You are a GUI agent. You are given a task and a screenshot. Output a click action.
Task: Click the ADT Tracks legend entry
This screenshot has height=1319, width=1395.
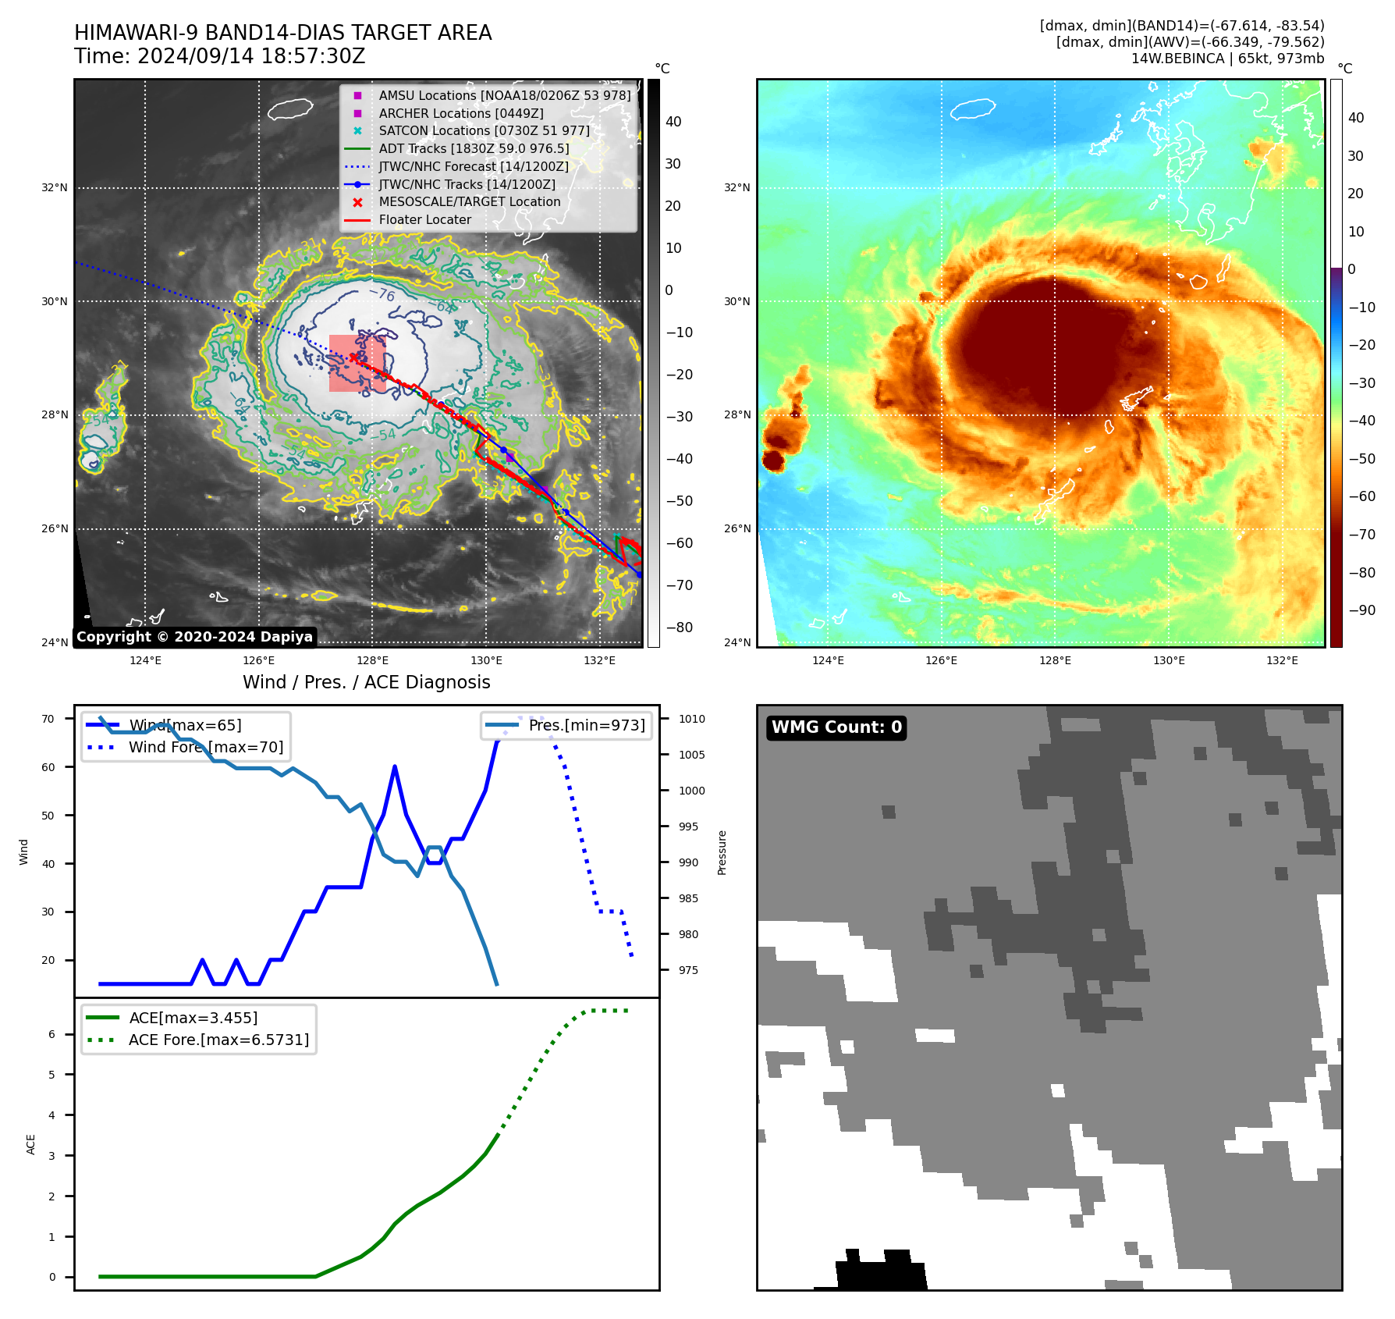(x=474, y=148)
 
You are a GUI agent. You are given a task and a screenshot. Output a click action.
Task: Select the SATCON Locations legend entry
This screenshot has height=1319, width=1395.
(x=484, y=130)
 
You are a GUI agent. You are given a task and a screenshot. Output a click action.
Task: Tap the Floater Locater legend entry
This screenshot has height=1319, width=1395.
(x=424, y=219)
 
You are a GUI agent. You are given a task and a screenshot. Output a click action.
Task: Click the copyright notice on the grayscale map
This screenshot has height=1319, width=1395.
(x=194, y=637)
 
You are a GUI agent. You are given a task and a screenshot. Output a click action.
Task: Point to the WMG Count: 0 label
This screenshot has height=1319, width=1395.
(x=836, y=727)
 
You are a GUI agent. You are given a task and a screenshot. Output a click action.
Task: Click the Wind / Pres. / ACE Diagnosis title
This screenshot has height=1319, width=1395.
(x=366, y=682)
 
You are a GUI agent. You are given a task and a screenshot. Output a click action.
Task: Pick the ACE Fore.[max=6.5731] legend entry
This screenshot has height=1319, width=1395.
(x=218, y=1040)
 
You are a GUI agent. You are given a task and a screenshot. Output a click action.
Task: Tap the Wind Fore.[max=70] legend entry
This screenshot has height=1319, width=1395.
(x=206, y=747)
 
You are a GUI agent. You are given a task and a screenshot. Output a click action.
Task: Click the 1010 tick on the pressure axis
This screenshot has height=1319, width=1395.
(x=691, y=719)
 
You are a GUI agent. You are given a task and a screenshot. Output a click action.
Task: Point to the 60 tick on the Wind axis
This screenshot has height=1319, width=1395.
(x=48, y=767)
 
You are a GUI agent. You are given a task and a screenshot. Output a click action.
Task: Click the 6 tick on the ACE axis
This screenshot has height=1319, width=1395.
(x=52, y=1034)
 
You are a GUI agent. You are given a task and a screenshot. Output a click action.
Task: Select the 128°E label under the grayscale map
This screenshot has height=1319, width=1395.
(x=372, y=660)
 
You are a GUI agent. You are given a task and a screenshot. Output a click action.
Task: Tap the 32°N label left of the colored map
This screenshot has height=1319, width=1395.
(x=737, y=187)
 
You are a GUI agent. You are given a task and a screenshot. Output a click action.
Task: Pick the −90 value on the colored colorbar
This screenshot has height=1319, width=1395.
(x=1361, y=610)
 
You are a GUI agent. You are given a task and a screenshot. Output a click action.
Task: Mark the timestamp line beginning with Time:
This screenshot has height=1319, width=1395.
(x=219, y=56)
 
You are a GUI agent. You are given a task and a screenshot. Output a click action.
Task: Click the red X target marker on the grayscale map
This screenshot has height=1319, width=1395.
(x=353, y=357)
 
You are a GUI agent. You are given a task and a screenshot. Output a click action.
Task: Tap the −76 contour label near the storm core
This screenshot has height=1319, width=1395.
(x=382, y=294)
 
